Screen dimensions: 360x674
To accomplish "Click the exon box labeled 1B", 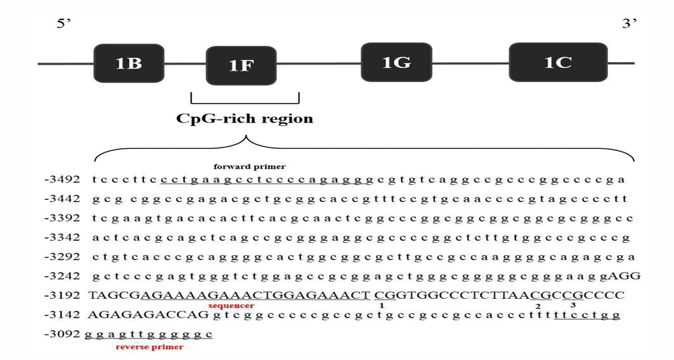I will pyautogui.click(x=128, y=63).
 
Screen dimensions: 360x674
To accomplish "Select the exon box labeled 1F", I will pyautogui.click(x=241, y=65).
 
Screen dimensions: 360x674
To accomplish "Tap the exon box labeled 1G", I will pyautogui.click(x=396, y=63).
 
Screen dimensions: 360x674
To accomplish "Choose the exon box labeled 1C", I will pyautogui.click(x=558, y=63).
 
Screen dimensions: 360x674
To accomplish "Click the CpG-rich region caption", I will pyautogui.click(x=245, y=119).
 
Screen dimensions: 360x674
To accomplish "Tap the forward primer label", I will pyautogui.click(x=250, y=166).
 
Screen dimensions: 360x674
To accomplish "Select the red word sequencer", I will pyautogui.click(x=231, y=305).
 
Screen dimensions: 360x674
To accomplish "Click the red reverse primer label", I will pyautogui.click(x=149, y=347).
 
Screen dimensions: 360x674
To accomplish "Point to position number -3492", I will pyautogui.click(x=63, y=180).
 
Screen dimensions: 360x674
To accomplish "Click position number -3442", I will pyautogui.click(x=63, y=199).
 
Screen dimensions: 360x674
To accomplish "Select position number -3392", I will pyautogui.click(x=63, y=219).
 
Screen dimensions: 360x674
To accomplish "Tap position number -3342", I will pyautogui.click(x=63, y=238).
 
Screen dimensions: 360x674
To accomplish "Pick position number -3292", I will pyautogui.click(x=63, y=257).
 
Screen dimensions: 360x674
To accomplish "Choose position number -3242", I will pyautogui.click(x=63, y=276).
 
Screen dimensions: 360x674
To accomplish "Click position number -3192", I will pyautogui.click(x=63, y=295).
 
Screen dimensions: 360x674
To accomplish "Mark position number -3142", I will pyautogui.click(x=63, y=314).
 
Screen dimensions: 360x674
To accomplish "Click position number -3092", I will pyautogui.click(x=63, y=334).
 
